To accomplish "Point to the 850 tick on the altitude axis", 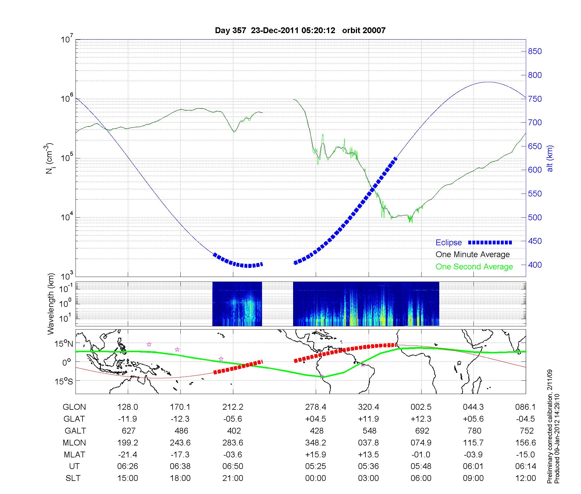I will [x=535, y=51].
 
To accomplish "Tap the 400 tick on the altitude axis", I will [x=535, y=265].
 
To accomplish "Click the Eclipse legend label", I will [x=449, y=243].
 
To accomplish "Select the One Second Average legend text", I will [x=474, y=267].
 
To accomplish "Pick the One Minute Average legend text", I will [x=473, y=255].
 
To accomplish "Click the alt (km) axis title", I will [x=550, y=158].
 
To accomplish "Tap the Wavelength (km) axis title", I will [x=51, y=304].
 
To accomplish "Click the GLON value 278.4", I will [x=315, y=407].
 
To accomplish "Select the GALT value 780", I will [x=474, y=431].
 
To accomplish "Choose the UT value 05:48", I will [x=421, y=466].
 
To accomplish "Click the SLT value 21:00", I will [x=233, y=478].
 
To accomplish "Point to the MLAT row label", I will [x=74, y=454].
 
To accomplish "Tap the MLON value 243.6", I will [x=180, y=443].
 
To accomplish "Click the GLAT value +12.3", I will [x=421, y=419].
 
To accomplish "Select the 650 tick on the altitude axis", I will [x=535, y=146].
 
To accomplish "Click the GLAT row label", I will [x=74, y=419].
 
